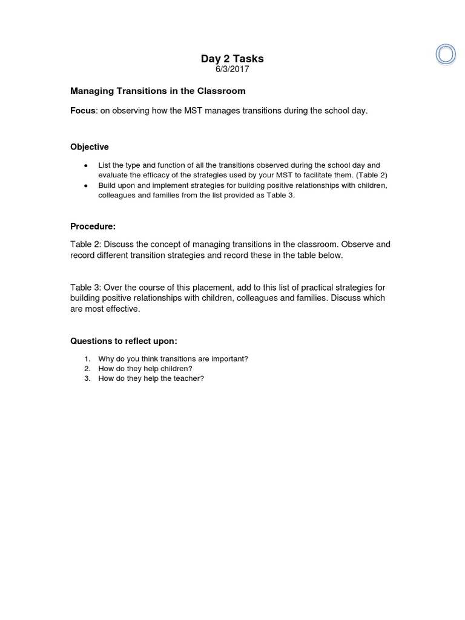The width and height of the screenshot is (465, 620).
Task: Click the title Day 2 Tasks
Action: [x=232, y=59]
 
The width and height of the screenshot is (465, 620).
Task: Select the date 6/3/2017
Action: [x=232, y=69]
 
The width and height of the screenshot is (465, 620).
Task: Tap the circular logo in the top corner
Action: [x=446, y=54]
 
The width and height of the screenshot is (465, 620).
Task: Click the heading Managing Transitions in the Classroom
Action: [x=157, y=91]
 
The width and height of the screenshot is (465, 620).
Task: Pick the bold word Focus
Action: [x=82, y=111]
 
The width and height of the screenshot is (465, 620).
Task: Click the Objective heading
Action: [x=90, y=147]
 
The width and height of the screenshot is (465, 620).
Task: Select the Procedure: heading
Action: [x=93, y=226]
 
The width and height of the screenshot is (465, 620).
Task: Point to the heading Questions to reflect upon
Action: [x=124, y=341]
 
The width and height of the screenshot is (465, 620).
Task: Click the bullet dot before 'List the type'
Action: [x=86, y=165]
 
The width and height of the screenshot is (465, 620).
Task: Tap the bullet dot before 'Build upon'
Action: [x=86, y=185]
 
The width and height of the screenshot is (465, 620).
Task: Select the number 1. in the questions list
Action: [x=87, y=358]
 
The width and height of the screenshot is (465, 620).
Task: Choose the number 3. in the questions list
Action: [x=87, y=378]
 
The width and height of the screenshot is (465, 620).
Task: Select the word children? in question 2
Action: [x=174, y=368]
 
